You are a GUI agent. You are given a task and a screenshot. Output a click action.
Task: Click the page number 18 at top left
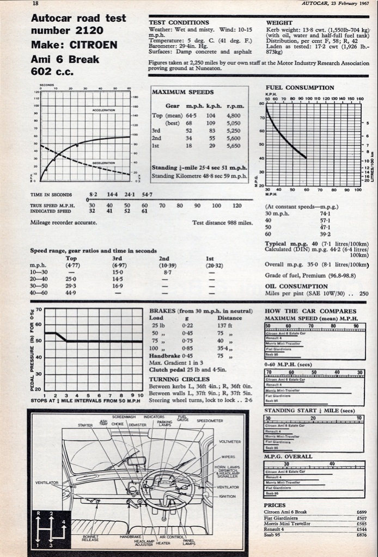click(35, 3)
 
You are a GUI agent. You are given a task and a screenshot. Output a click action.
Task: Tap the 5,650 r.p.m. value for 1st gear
click(233, 146)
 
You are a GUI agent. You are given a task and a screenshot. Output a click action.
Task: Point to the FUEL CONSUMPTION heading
click(300, 88)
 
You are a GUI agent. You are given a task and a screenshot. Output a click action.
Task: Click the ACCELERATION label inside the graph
click(103, 110)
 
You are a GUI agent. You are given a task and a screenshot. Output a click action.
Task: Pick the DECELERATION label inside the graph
click(103, 162)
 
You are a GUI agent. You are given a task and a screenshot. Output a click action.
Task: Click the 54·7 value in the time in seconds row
click(147, 194)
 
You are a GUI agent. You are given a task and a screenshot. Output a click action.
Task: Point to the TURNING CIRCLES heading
click(179, 379)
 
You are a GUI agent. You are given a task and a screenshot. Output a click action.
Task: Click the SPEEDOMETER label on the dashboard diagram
click(210, 420)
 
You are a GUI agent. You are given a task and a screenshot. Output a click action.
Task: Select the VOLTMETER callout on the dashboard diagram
click(229, 442)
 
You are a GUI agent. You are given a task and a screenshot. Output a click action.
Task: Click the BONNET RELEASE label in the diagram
click(90, 538)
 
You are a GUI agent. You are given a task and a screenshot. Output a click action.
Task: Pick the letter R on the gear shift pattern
click(38, 513)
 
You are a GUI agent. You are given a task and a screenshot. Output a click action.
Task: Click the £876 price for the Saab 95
click(361, 535)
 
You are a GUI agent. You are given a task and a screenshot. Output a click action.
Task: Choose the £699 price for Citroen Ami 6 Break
click(361, 512)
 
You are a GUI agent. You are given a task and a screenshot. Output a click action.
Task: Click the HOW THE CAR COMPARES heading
click(302, 311)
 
